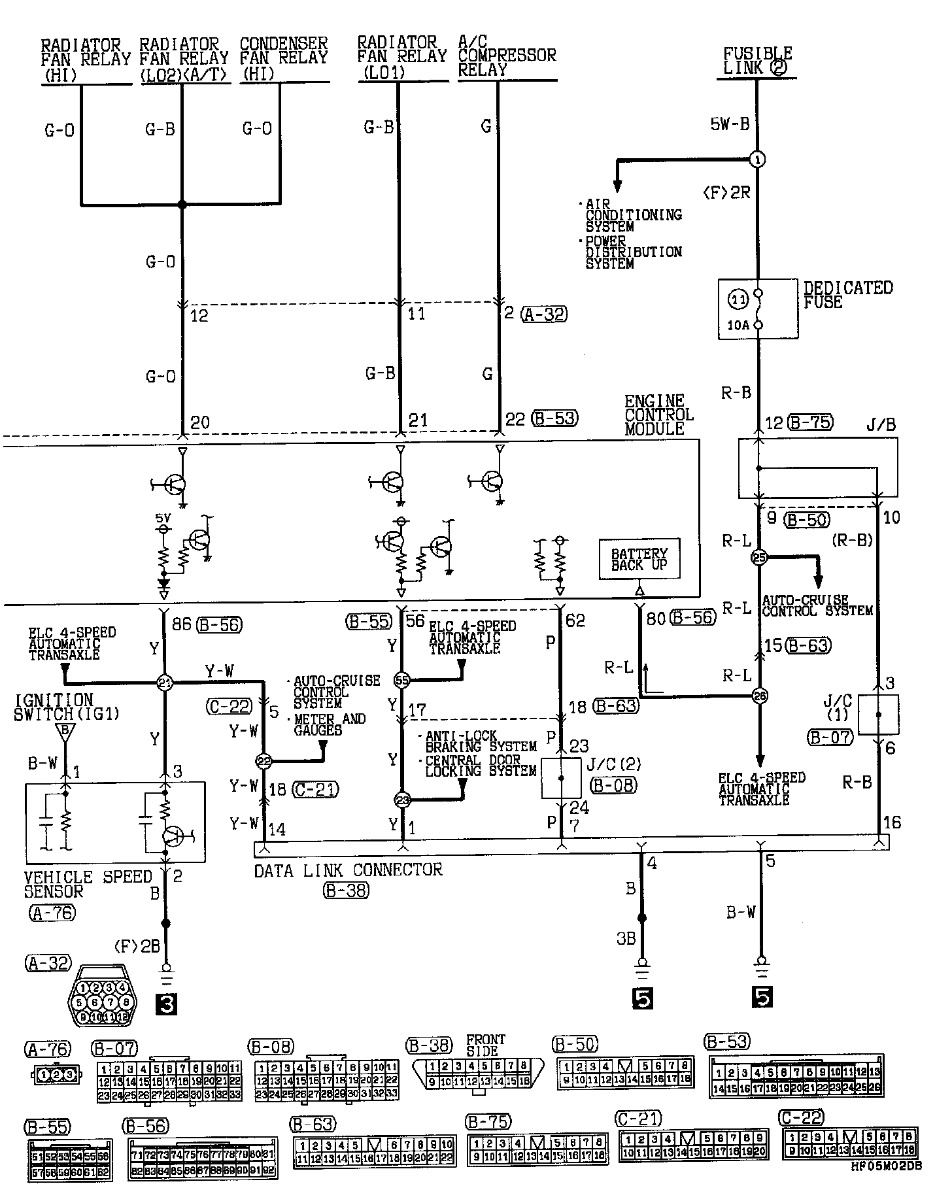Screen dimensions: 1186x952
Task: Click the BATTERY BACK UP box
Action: [x=639, y=559]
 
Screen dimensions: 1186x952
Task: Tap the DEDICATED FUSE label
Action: [x=847, y=295]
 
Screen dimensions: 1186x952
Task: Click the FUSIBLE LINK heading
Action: [x=757, y=61]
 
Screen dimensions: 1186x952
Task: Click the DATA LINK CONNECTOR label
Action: [x=348, y=870]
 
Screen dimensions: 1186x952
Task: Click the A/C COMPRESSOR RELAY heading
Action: [x=506, y=56]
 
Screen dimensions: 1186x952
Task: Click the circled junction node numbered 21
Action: [x=164, y=683]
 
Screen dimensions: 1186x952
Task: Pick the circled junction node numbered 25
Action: [x=758, y=558]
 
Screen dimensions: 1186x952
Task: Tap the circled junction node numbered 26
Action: [x=759, y=696]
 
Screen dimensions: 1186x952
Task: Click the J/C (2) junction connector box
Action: [x=561, y=778]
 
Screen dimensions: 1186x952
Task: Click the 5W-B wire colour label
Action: [x=730, y=124]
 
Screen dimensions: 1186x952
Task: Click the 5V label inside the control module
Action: [x=163, y=518]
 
